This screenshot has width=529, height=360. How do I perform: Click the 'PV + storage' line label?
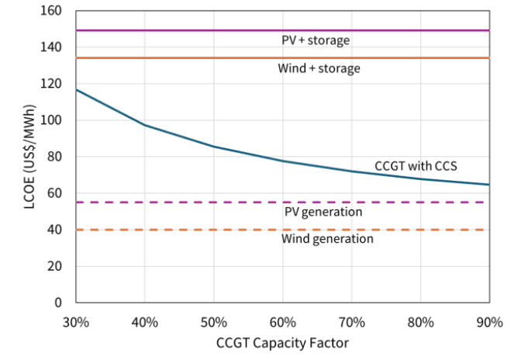tap(316, 40)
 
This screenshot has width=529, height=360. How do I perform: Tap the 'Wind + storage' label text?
tap(319, 68)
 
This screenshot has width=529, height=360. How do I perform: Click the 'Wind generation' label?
tap(327, 239)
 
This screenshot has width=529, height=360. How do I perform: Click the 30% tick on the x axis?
tap(76, 321)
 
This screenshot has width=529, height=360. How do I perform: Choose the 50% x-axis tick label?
tap(213, 321)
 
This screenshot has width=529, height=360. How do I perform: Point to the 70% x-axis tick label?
tap(351, 321)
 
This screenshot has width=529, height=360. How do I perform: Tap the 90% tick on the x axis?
tap(489, 321)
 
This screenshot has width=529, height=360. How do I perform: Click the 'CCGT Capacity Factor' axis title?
tap(282, 342)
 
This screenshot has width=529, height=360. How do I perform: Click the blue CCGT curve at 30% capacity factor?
tap(77, 90)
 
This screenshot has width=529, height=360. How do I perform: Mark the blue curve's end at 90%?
tap(489, 185)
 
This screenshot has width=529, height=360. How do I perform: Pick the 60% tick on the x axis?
tap(282, 321)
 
